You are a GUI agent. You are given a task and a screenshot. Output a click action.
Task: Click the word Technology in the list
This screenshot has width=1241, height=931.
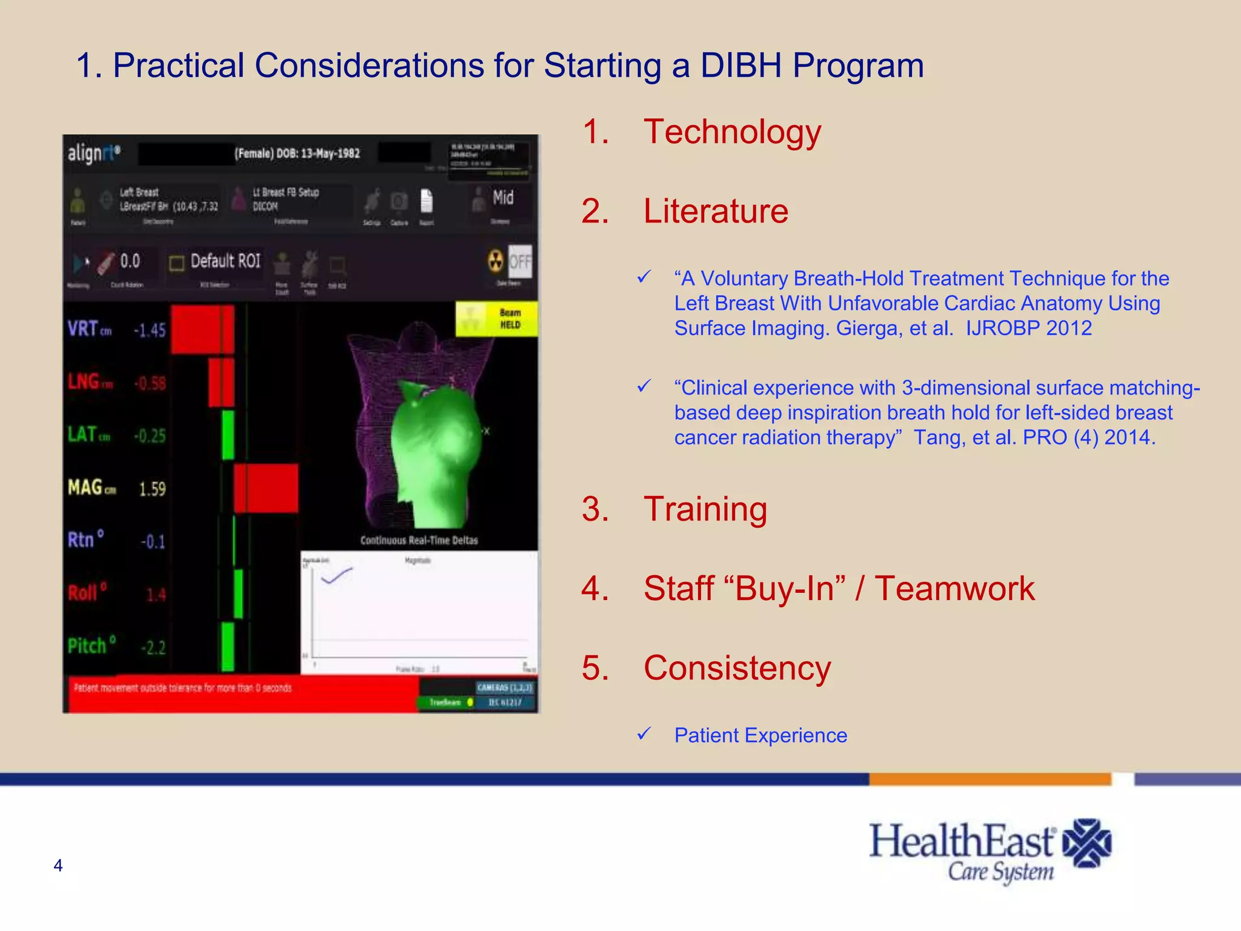(732, 132)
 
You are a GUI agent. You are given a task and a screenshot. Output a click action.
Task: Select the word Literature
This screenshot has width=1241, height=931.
(716, 211)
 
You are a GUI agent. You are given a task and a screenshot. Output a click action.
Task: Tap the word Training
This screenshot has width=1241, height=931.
(705, 509)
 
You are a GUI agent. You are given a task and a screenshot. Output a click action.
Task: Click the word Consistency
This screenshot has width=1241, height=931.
(737, 668)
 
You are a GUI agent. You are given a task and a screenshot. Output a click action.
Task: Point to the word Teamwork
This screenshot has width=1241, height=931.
(955, 589)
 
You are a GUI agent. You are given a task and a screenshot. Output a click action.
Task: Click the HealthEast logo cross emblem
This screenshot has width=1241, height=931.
(1087, 843)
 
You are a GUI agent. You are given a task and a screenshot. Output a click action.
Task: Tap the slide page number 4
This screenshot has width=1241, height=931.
(58, 866)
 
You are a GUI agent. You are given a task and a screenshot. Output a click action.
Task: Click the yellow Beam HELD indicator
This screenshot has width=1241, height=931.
(496, 319)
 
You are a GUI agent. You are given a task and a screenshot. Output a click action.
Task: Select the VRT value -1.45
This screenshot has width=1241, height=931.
(149, 330)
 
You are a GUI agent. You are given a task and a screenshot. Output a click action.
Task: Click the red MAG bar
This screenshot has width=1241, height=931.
(266, 489)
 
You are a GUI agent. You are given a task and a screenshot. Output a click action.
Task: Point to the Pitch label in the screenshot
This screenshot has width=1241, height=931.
(87, 646)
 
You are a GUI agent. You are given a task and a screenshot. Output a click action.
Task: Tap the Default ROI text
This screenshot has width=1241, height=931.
(225, 261)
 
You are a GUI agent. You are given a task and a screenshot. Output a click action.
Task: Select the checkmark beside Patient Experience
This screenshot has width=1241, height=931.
(644, 734)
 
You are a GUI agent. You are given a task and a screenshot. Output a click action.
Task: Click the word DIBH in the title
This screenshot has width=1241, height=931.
(740, 65)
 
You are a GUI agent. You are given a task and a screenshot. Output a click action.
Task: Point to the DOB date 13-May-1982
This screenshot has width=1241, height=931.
(330, 153)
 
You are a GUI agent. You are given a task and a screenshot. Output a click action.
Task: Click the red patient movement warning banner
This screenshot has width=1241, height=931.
(242, 694)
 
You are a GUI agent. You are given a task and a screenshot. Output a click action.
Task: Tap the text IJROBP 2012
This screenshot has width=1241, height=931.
(1028, 328)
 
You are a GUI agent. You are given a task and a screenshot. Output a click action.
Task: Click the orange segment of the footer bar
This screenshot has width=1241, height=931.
(990, 779)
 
